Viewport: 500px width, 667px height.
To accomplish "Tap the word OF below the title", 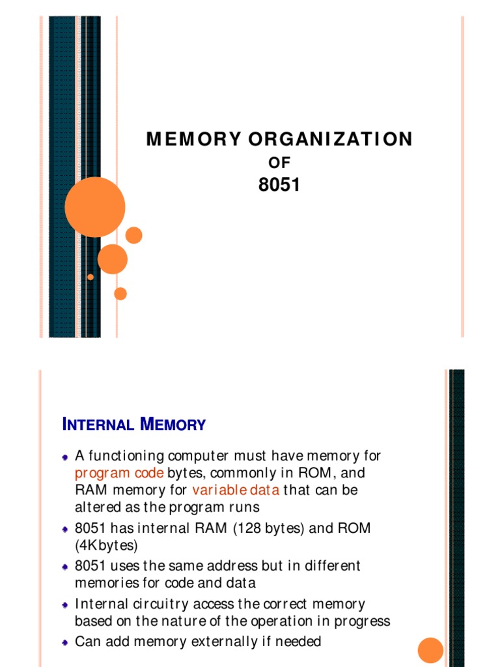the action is click(279, 163).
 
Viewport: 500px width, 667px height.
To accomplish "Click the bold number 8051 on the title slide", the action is click(279, 186).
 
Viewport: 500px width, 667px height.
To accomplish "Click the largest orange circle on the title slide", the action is click(95, 207).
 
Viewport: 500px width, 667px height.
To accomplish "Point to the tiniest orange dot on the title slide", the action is click(90, 277).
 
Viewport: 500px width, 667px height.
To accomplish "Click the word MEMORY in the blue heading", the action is click(173, 425).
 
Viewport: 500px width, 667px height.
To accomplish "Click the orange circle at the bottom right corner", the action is click(430, 650).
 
